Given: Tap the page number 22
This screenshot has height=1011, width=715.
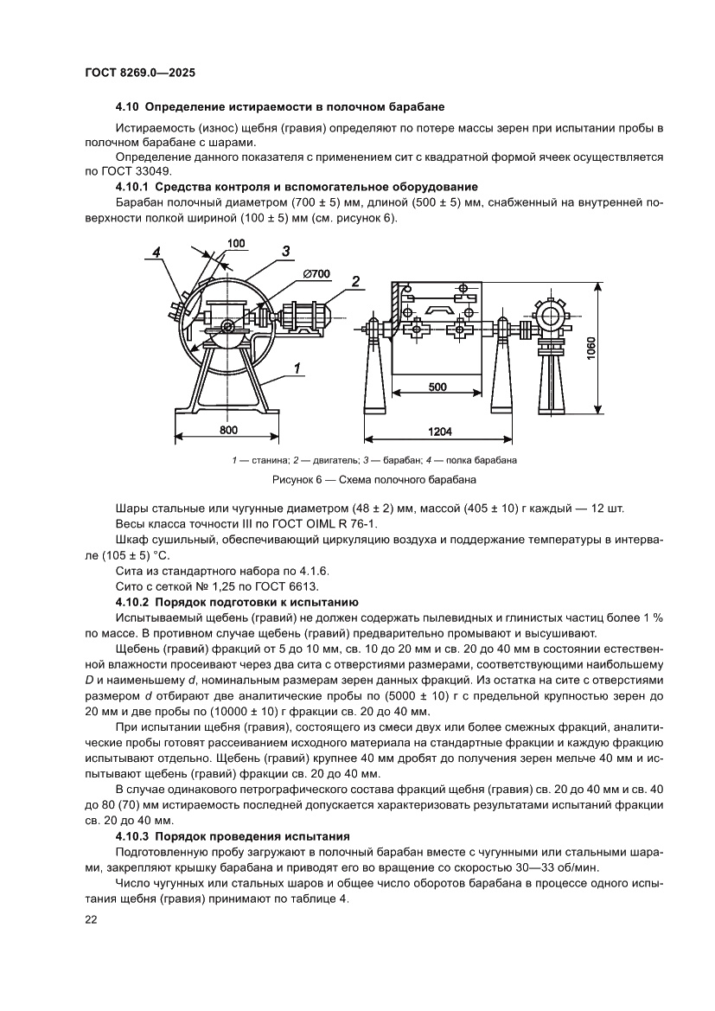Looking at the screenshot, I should click(x=91, y=920).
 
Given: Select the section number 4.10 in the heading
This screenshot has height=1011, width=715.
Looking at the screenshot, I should click(x=127, y=107).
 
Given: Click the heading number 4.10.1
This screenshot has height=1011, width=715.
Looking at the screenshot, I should click(x=132, y=187).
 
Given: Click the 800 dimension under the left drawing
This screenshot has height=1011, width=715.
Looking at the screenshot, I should click(x=228, y=429).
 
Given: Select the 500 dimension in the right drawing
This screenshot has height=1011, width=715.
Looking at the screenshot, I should click(x=437, y=386).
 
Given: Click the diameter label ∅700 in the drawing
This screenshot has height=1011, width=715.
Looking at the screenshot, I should click(x=316, y=274).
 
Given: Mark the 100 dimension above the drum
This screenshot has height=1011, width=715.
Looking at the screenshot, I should click(x=236, y=245).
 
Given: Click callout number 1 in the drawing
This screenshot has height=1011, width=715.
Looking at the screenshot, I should click(x=297, y=368).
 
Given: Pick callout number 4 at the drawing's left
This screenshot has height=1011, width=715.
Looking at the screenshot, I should click(x=156, y=253).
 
